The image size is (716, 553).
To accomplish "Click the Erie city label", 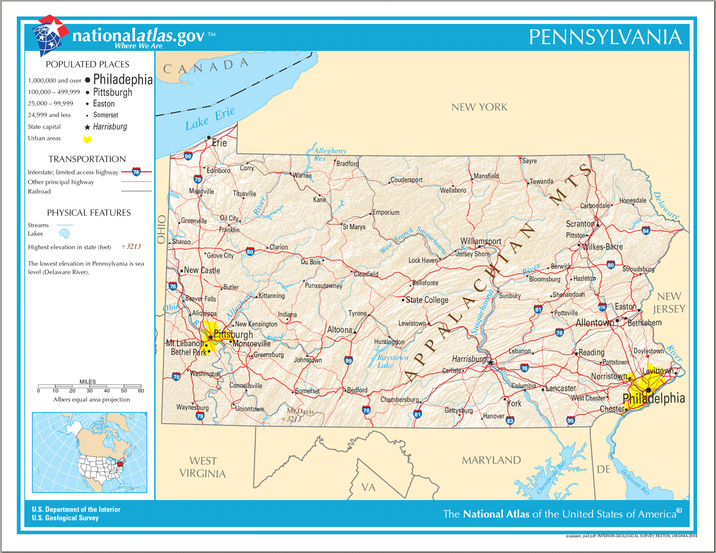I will point(220,143).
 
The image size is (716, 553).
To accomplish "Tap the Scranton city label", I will point(580,224).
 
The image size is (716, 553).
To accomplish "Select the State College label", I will point(427,300).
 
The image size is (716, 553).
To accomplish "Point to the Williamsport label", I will point(480,241).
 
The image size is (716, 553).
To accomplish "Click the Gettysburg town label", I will point(458,410).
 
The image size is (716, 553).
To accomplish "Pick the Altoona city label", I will point(340,329).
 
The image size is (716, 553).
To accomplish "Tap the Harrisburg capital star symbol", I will point(490,362).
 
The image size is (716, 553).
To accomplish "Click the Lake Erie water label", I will point(209,118).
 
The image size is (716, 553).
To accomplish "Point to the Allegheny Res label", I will point(329,155).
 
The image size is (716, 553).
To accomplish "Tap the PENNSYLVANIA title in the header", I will point(605,37).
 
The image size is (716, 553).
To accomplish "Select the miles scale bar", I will point(89,387).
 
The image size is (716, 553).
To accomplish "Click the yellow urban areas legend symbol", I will point(88,140).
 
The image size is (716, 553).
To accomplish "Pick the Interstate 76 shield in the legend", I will point(137,172).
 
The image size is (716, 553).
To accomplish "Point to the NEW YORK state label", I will point(479,107).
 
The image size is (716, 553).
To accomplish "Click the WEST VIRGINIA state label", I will point(203,467).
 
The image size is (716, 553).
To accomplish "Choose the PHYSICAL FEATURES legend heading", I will point(89,212).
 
